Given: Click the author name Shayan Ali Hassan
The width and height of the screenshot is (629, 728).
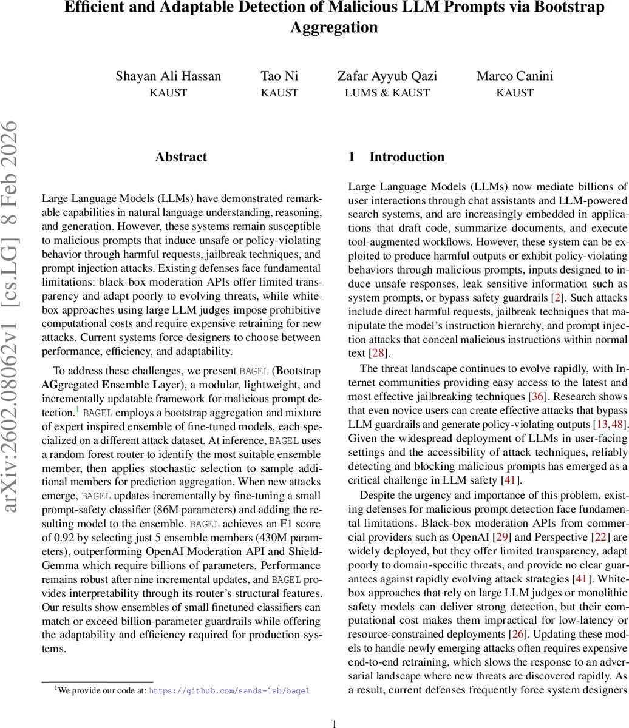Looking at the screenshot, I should click(x=168, y=76).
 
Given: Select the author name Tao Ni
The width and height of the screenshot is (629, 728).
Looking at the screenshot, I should click(x=279, y=76).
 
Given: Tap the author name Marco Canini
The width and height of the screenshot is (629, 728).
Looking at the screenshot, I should click(x=514, y=76).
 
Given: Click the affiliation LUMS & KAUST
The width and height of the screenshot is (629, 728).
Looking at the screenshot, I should click(x=387, y=93).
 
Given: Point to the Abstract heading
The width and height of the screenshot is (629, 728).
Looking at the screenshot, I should click(x=181, y=157).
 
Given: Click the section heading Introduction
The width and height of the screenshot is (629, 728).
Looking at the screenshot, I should click(x=406, y=157).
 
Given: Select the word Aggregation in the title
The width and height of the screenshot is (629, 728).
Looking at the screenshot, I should click(x=334, y=27).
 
